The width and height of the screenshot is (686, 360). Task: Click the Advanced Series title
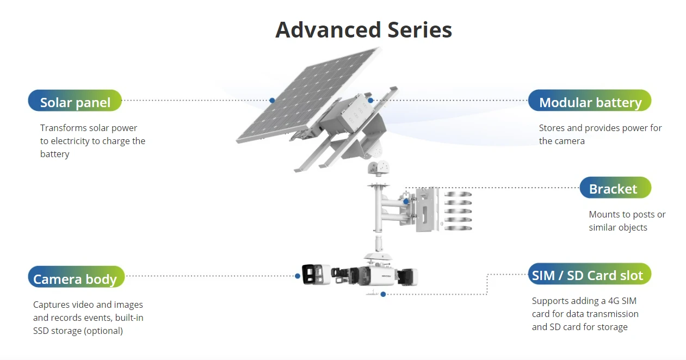(x=363, y=30)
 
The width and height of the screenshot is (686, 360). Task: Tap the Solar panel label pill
(x=75, y=101)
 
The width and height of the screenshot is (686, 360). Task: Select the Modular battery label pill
(x=590, y=101)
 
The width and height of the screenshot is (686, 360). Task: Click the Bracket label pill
(x=615, y=188)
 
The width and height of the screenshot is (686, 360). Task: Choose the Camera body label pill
(x=76, y=277)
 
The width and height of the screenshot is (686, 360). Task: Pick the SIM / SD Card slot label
(x=590, y=274)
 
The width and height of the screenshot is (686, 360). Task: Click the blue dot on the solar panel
(x=272, y=100)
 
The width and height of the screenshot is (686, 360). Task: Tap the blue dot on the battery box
(x=370, y=100)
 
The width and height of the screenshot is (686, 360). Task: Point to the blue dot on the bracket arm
(x=406, y=201)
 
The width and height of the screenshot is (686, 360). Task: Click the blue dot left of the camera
(x=298, y=276)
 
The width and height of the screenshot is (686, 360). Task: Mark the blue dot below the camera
(x=383, y=294)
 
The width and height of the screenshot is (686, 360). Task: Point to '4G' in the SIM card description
(x=614, y=301)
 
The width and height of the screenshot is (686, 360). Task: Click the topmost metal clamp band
(x=458, y=194)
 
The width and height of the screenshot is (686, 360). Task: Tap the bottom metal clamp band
(x=458, y=228)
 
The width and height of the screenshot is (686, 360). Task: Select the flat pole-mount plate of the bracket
(x=427, y=209)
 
